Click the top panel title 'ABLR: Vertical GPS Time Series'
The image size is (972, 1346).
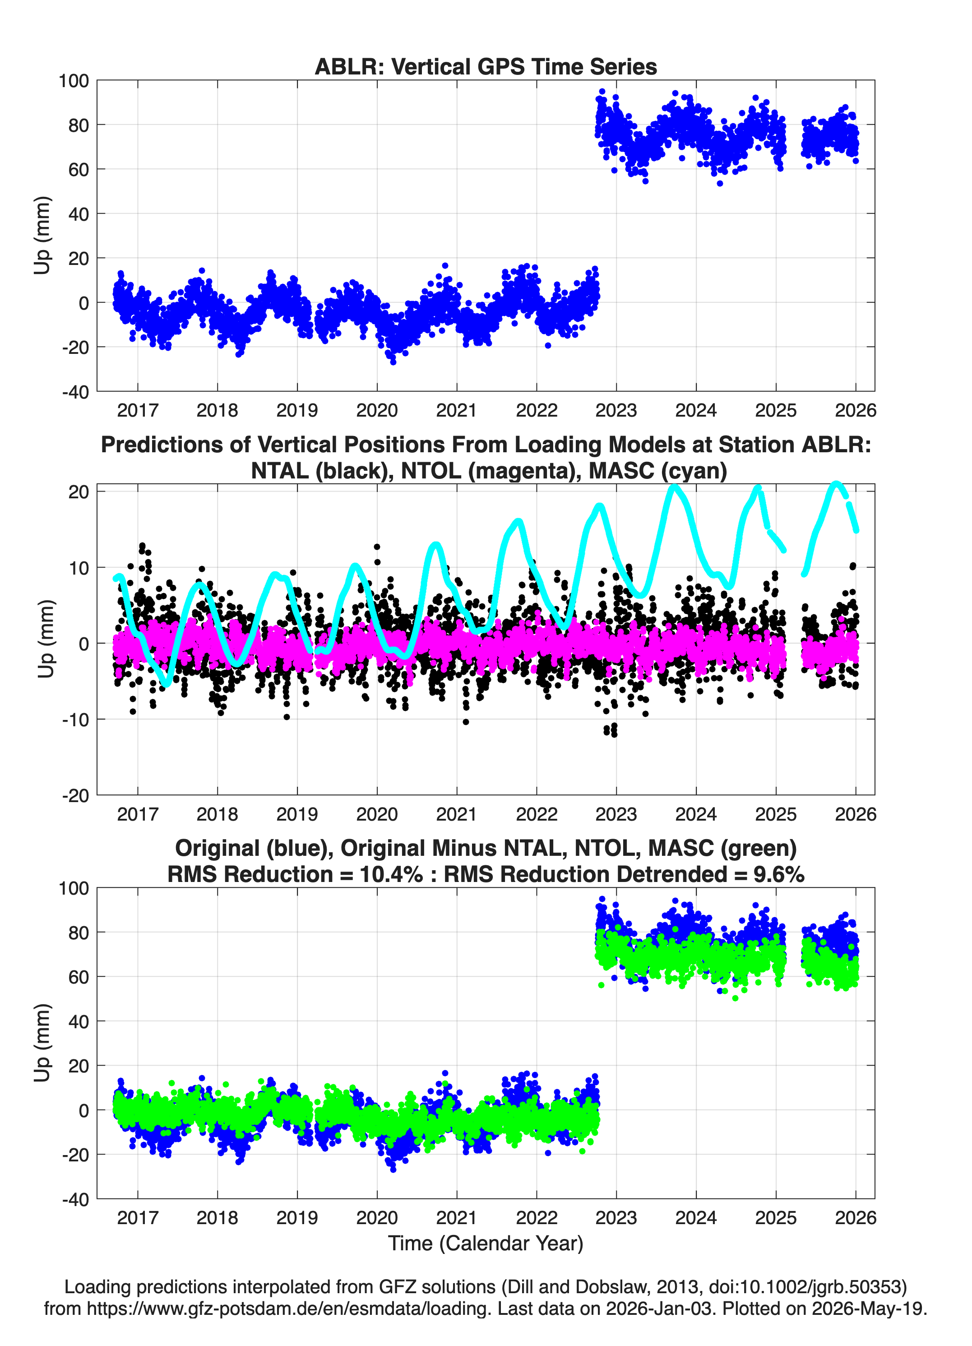pos(486,66)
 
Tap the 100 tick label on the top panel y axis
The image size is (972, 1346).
pos(74,81)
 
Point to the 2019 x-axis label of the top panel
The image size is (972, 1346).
pos(297,410)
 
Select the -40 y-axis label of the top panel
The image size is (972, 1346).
pos(75,392)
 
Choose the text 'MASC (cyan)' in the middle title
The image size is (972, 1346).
pos(657,471)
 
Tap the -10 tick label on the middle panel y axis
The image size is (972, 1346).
pos(75,719)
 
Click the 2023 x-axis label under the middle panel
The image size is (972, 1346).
pos(616,814)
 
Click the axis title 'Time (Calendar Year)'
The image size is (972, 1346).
pos(486,1244)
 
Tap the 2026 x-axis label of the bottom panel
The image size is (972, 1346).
pos(855,1218)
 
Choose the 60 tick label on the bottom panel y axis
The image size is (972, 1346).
pos(79,977)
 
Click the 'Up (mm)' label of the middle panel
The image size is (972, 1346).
pos(46,639)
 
